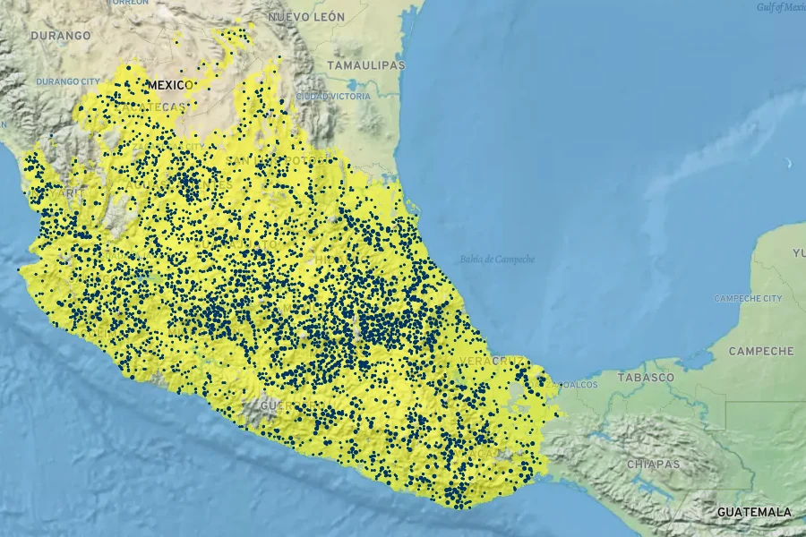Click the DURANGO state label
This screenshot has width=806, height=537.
click(61, 36)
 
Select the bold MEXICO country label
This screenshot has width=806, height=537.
click(170, 85)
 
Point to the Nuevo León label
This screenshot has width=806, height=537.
click(306, 17)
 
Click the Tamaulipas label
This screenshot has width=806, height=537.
click(365, 66)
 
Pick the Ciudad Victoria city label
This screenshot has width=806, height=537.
click(333, 96)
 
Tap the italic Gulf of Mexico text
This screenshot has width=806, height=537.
click(781, 7)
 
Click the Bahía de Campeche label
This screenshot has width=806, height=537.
click(497, 260)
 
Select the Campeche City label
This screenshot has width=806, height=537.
click(748, 298)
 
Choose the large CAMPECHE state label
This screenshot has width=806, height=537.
click(761, 352)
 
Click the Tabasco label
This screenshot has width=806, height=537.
click(645, 378)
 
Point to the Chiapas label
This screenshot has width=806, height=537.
click(653, 465)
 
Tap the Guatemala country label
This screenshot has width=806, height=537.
click(754, 512)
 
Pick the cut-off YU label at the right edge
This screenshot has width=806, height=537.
click(798, 253)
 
